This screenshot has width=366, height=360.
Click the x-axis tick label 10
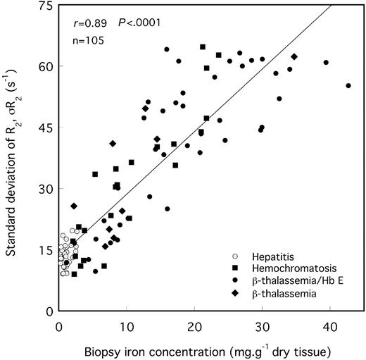[127, 325]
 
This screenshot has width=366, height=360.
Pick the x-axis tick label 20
[194, 325]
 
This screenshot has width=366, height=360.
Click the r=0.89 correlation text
[91, 23]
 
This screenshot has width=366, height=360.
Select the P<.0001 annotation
[139, 23]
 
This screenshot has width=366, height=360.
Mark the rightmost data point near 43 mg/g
[348, 86]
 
